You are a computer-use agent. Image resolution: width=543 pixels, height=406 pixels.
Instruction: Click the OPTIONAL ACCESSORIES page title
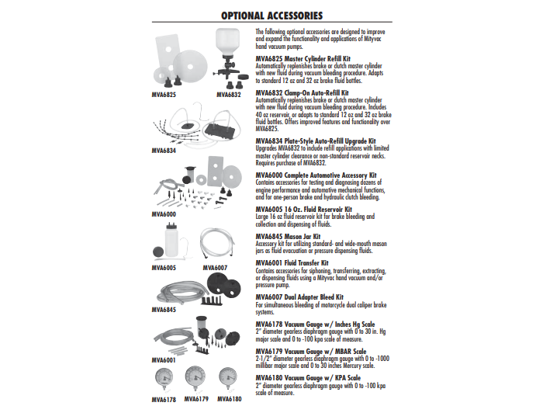point(271,15)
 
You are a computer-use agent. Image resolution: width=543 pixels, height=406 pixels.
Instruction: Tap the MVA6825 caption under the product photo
point(164,95)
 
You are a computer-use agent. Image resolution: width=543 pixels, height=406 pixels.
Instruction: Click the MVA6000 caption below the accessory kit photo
point(164,213)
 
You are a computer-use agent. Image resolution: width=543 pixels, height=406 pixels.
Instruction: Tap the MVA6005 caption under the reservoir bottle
point(164,268)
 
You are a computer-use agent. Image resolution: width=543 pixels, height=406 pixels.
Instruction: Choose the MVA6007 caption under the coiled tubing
point(216,268)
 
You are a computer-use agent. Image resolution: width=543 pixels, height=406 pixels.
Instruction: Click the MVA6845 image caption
point(164,310)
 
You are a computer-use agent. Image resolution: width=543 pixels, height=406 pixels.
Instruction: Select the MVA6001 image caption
point(164,360)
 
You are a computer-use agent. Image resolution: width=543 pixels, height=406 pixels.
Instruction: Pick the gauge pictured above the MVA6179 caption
point(197,379)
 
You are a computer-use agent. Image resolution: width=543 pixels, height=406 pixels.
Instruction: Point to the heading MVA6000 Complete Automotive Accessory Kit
point(317,175)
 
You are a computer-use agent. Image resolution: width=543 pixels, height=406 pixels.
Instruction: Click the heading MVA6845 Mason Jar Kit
point(288,236)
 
